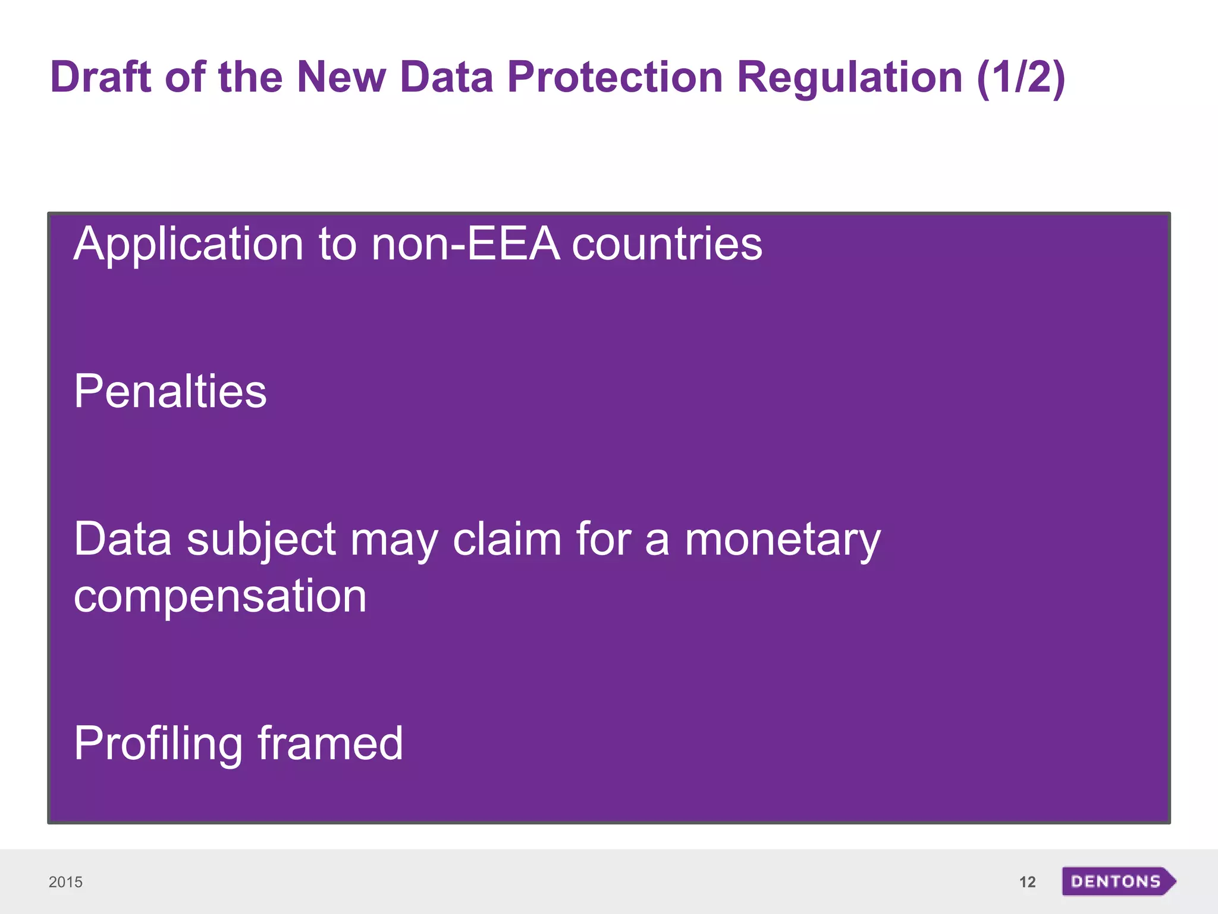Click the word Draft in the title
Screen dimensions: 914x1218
pos(101,77)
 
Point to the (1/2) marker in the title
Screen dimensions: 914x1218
pos(1020,77)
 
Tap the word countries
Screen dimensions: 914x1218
pos(667,244)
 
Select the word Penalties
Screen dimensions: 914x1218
pos(170,392)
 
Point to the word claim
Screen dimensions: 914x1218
pos(507,539)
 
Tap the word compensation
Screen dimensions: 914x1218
pos(220,596)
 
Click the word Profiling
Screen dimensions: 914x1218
pos(158,744)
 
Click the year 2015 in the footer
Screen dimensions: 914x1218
pos(65,882)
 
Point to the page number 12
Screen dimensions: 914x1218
pos(1027,882)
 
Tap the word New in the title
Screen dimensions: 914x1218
pos(341,77)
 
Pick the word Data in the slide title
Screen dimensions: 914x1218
pos(446,77)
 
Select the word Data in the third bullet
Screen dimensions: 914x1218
pos(123,539)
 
